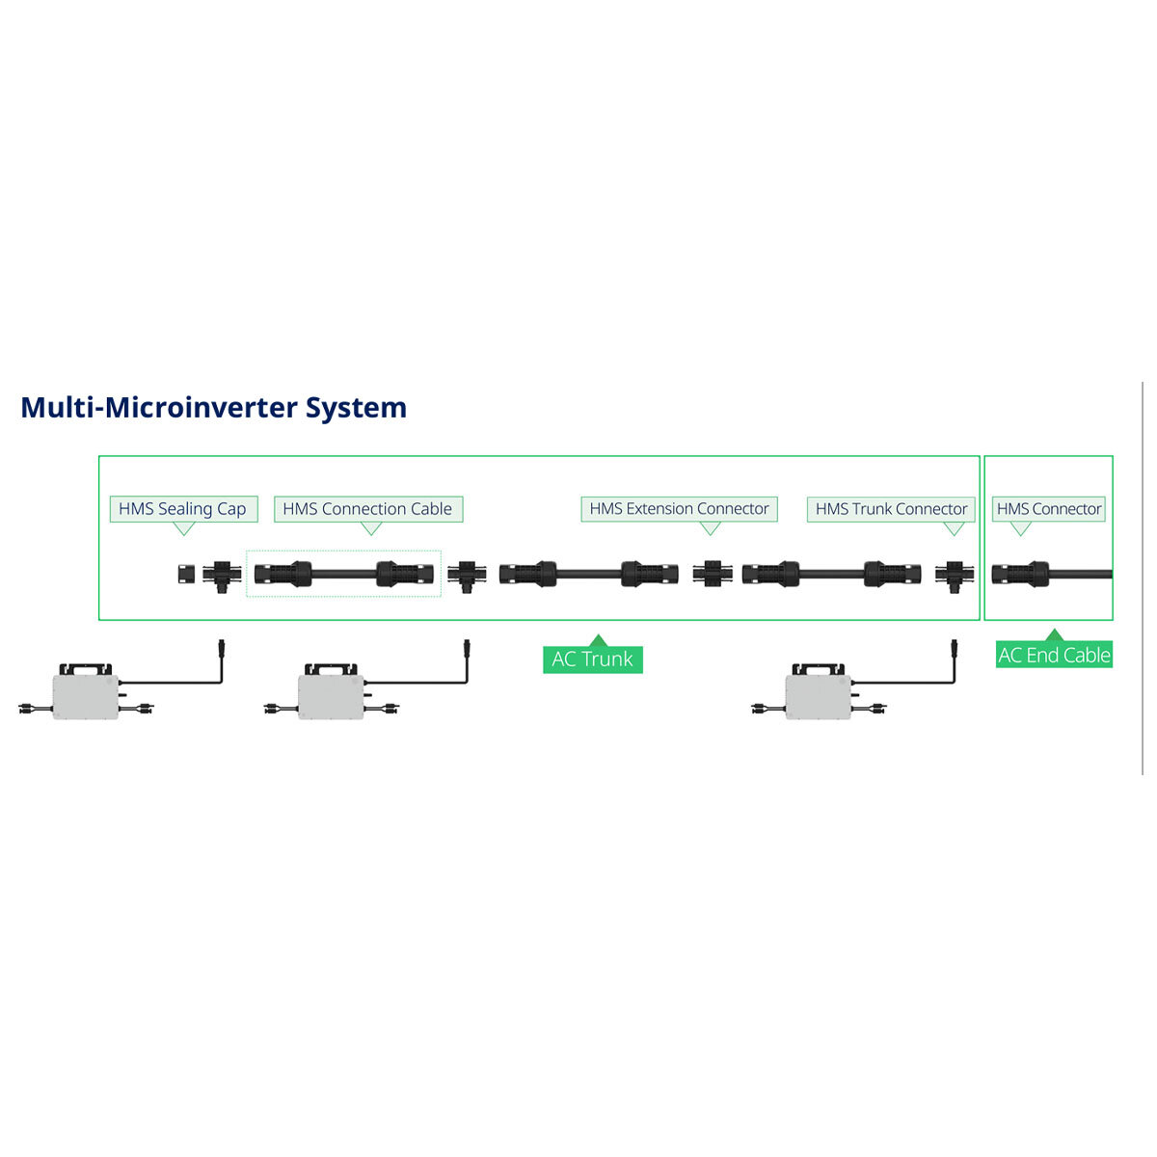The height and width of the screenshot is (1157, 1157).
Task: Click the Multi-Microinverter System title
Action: (214, 408)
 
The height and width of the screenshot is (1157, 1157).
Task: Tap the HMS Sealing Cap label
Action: (183, 508)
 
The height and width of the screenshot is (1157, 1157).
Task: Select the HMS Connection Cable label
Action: (368, 508)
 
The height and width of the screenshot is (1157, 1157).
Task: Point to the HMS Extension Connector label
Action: (679, 508)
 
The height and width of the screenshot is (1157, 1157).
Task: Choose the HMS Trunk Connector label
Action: (891, 508)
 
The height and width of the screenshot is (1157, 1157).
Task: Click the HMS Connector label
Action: (1048, 508)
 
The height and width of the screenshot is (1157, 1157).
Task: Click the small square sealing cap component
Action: (186, 574)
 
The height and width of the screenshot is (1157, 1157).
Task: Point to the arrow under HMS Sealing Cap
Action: (184, 527)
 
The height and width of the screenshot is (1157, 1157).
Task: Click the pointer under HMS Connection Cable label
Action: (371, 527)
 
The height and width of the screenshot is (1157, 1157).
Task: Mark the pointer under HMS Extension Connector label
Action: (711, 527)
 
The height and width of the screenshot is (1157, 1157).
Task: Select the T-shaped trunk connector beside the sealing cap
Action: (222, 576)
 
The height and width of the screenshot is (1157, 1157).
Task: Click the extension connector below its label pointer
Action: (713, 574)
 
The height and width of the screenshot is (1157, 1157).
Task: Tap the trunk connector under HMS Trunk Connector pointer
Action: (955, 576)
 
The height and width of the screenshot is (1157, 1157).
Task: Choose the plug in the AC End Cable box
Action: (1020, 574)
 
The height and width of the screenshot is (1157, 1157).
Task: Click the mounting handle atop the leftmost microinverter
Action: (85, 667)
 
